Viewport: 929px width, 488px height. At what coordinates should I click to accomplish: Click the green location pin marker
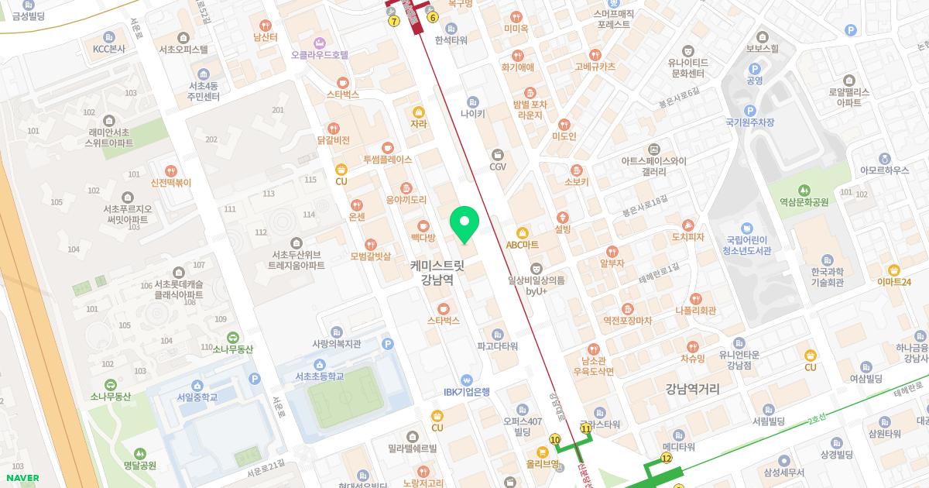[464, 223]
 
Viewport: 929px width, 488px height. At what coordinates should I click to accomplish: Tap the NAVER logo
[21, 478]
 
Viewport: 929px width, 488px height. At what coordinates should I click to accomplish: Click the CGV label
[498, 166]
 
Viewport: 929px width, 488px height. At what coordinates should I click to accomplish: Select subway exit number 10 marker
[554, 439]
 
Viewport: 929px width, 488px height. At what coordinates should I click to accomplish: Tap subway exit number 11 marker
[586, 428]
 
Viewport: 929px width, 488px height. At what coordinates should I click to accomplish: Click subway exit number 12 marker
[667, 459]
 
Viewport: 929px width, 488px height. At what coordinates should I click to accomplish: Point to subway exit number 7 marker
[394, 21]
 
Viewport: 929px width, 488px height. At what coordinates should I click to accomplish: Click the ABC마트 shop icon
[523, 232]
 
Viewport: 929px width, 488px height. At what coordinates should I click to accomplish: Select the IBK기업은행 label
[467, 392]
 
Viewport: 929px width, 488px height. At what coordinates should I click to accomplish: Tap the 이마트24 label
[894, 282]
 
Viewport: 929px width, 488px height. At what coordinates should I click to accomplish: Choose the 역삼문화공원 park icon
[804, 189]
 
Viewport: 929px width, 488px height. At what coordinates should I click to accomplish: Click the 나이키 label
[472, 113]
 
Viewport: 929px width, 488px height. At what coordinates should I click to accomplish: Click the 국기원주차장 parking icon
[749, 111]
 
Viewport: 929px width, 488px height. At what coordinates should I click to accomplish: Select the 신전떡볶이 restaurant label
[171, 183]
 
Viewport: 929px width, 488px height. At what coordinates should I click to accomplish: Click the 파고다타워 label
[497, 346]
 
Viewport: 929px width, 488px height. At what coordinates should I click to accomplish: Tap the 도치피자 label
[687, 236]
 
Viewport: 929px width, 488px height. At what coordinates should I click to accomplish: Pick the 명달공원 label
[140, 466]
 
